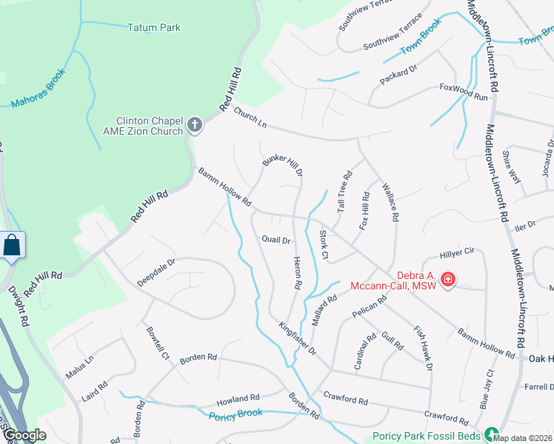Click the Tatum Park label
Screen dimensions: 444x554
[154, 28]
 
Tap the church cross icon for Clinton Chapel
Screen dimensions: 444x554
[195, 124]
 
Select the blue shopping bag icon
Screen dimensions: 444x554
[13, 245]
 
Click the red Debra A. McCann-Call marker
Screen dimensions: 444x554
[447, 279]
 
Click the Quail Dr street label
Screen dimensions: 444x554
[276, 239]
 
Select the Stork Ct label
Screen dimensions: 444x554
[324, 244]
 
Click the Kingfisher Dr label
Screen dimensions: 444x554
[298, 337]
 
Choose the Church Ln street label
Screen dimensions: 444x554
[250, 116]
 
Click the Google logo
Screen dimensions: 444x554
[25, 435]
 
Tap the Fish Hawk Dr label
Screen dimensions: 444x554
[423, 349]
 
